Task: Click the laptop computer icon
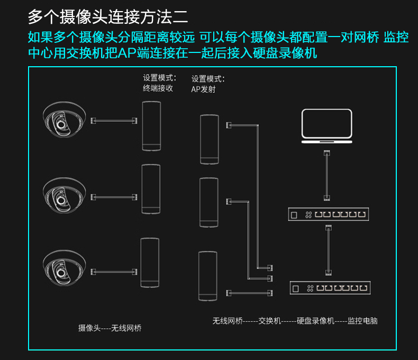pyautogui.click(x=327, y=126)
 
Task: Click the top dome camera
pyautogui.click(x=64, y=120)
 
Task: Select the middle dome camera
pyautogui.click(x=64, y=195)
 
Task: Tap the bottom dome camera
pyautogui.click(x=64, y=268)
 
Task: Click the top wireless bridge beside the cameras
pyautogui.click(x=151, y=126)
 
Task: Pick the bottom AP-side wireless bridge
pyautogui.click(x=207, y=276)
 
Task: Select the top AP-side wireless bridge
pyautogui.click(x=210, y=139)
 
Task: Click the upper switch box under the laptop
pyautogui.click(x=329, y=214)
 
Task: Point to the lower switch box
pyautogui.click(x=330, y=288)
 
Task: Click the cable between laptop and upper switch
pyautogui.click(x=327, y=175)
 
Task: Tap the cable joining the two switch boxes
pyautogui.click(x=329, y=250)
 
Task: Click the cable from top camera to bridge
pyautogui.click(x=114, y=121)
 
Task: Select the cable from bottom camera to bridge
pyautogui.click(x=114, y=272)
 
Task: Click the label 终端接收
pyautogui.click(x=158, y=88)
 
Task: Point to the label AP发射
pyautogui.click(x=203, y=89)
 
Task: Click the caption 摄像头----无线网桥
pyautogui.click(x=110, y=328)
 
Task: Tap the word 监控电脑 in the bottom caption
pyautogui.click(x=362, y=321)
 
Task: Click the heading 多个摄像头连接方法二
pyautogui.click(x=108, y=17)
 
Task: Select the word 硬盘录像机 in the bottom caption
pyautogui.click(x=315, y=321)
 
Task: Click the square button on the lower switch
pyautogui.click(x=296, y=289)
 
